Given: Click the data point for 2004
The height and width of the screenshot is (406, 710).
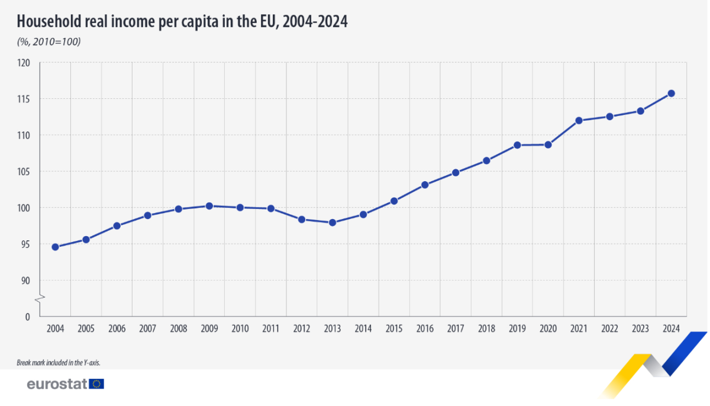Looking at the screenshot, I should [55, 247].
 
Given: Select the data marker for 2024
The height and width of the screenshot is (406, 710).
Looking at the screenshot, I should [671, 93].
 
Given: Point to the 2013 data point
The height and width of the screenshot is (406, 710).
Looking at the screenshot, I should [333, 223].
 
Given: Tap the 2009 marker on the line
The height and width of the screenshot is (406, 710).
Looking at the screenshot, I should [209, 206].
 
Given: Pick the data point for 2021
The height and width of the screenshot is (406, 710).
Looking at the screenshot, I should [579, 120].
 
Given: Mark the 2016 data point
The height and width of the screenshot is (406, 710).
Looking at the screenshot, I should [425, 185].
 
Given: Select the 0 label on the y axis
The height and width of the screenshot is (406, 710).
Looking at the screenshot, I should [27, 317].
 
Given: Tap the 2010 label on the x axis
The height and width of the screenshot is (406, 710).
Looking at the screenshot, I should [240, 328].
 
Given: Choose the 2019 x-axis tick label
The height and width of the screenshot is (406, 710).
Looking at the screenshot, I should [517, 328].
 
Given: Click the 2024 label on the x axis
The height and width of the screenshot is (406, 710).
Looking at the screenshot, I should [671, 328].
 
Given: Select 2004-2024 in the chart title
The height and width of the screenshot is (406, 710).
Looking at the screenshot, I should [315, 22].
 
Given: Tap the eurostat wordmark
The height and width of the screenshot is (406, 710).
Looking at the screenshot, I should [57, 384].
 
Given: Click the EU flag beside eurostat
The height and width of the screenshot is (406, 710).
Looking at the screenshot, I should [96, 384].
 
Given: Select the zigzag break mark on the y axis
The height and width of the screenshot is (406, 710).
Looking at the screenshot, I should [38, 299].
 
